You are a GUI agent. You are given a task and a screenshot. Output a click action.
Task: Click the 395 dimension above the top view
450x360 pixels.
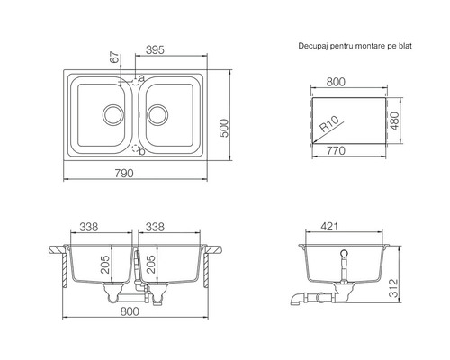click(155, 49)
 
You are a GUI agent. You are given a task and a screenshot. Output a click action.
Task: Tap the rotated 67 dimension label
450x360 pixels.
click(115, 58)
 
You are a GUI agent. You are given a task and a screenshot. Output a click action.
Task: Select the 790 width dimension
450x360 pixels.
click(124, 173)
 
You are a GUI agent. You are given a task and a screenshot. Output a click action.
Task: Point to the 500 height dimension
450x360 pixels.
click(224, 128)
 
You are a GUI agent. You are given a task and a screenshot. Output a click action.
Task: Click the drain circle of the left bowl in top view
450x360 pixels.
click(113, 114)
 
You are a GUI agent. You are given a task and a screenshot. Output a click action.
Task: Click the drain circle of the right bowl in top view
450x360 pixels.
click(157, 114)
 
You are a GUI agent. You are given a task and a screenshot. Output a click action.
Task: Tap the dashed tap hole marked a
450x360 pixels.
click(136, 81)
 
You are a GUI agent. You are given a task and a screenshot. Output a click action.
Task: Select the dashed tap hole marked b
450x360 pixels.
click(136, 148)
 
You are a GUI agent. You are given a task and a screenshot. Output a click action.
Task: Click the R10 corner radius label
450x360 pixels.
click(329, 124)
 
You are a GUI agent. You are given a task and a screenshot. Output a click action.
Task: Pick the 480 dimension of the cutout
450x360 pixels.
click(395, 121)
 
